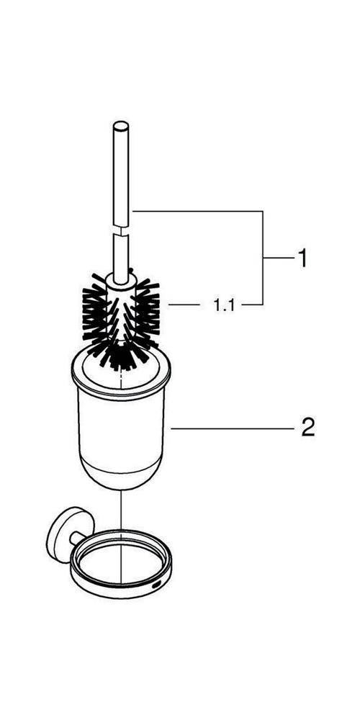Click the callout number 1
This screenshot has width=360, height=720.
pyautogui.click(x=302, y=258)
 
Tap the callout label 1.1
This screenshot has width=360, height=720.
pyautogui.click(x=224, y=305)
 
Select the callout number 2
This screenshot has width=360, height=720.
pyautogui.click(x=307, y=428)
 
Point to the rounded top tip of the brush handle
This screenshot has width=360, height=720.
pyautogui.click(x=121, y=125)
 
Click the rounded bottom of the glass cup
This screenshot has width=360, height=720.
pyautogui.click(x=120, y=477)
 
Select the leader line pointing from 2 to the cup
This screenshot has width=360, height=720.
pyautogui.click(x=232, y=428)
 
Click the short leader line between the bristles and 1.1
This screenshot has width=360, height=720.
pyautogui.click(x=184, y=305)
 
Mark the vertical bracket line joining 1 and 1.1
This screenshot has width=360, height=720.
pyautogui.click(x=263, y=258)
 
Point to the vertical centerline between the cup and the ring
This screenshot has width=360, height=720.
pyautogui.click(x=120, y=510)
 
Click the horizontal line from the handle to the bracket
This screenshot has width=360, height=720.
pyautogui.click(x=197, y=211)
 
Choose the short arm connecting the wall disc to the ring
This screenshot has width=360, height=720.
pyautogui.click(x=77, y=538)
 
